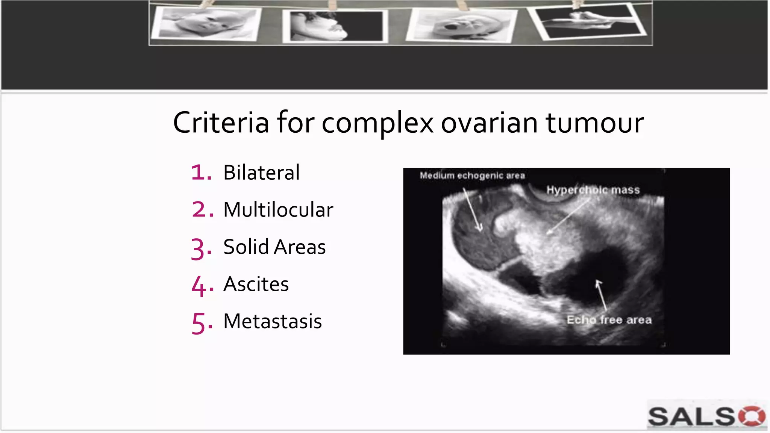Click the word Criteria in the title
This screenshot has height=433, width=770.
[221, 123]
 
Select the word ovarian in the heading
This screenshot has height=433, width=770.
[489, 123]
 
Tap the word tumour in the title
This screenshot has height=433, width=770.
[595, 123]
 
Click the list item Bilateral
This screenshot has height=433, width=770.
[261, 173]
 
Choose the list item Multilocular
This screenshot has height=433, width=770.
[278, 210]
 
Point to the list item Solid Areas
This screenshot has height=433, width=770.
[274, 247]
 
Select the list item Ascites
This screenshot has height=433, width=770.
[256, 284]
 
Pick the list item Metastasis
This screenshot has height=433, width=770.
[273, 321]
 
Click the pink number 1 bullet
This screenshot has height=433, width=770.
[201, 173]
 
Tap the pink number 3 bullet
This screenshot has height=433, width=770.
[201, 248]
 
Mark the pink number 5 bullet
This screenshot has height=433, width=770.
[201, 322]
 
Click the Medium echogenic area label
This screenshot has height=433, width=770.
[472, 176]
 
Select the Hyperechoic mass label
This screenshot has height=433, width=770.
[593, 190]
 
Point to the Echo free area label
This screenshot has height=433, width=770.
[609, 320]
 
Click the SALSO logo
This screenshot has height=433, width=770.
[706, 416]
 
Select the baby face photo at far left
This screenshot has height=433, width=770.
[206, 23]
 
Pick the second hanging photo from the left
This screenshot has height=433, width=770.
[335, 26]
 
